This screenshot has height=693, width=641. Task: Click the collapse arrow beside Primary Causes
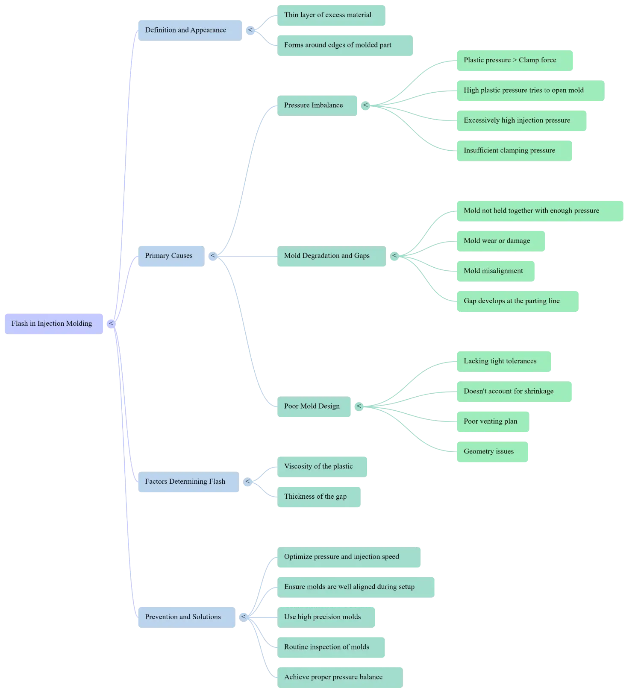tap(212, 256)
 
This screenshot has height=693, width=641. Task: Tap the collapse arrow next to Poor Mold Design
tap(359, 406)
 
